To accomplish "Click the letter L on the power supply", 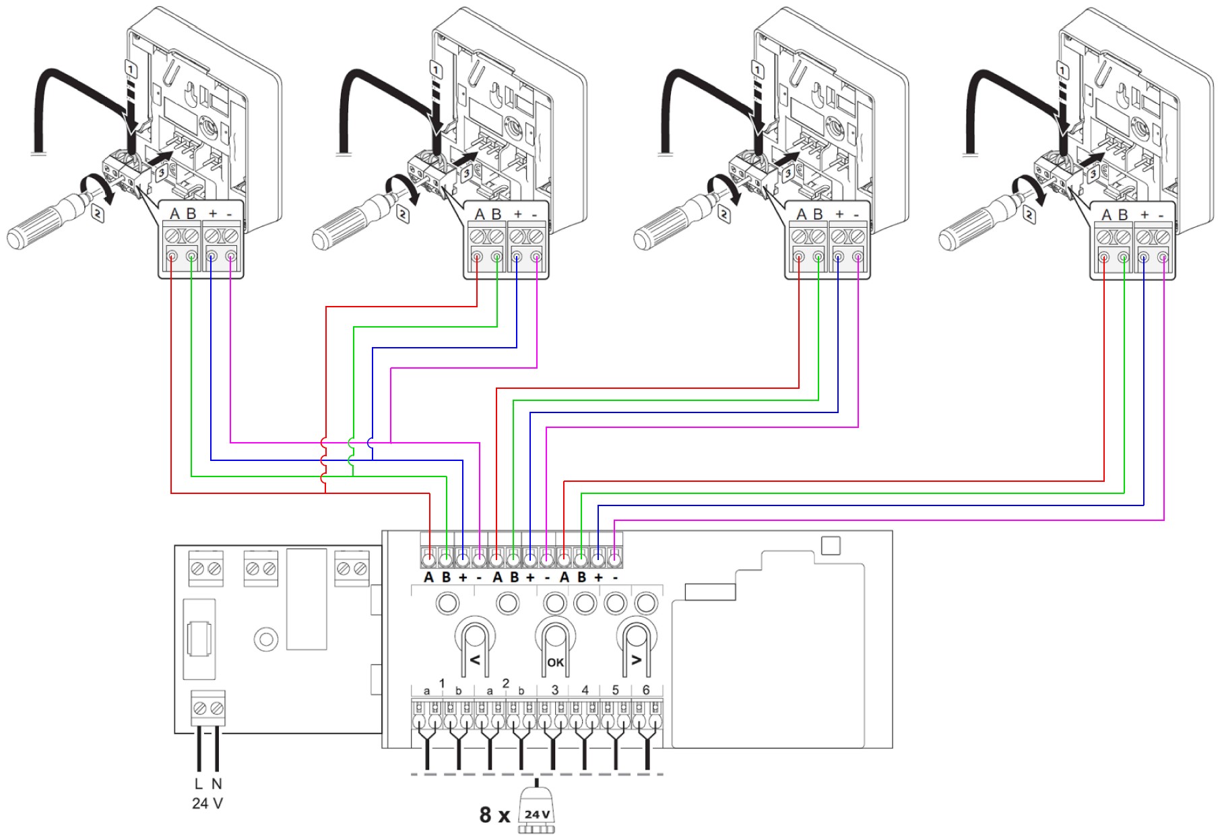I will (198, 784).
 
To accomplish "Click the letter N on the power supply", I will (217, 784).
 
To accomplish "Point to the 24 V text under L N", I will (207, 803).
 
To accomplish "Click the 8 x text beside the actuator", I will (495, 815).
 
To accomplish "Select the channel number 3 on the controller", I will (554, 690).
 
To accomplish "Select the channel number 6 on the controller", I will (646, 690).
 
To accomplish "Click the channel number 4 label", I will (585, 690).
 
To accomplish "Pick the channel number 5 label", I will (615, 690).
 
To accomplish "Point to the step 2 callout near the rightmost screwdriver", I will (1030, 215).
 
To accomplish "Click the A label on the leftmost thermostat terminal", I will (174, 214).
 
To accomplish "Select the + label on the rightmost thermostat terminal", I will (1145, 214).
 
